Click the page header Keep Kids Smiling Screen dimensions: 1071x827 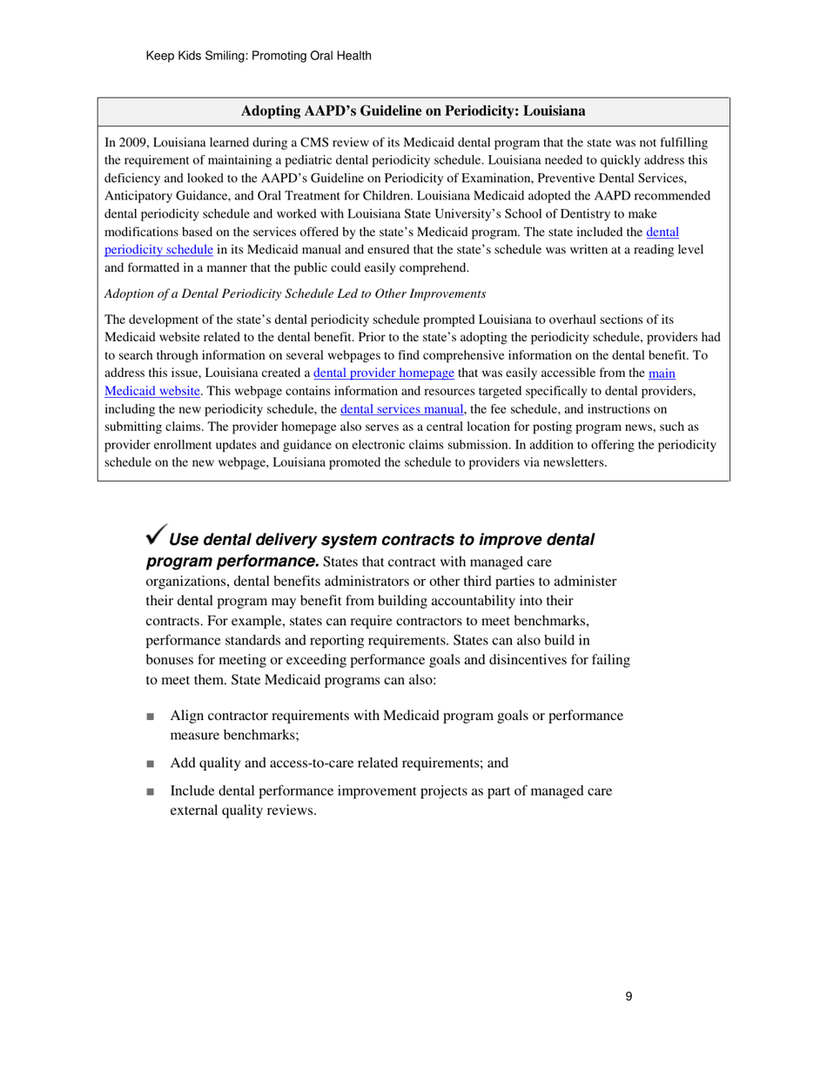[x=259, y=57]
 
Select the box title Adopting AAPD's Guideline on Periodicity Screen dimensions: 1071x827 [x=413, y=111]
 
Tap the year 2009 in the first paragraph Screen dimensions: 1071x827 [x=131, y=141]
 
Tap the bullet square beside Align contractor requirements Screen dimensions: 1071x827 [x=151, y=716]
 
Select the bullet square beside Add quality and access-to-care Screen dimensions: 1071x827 [x=151, y=764]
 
